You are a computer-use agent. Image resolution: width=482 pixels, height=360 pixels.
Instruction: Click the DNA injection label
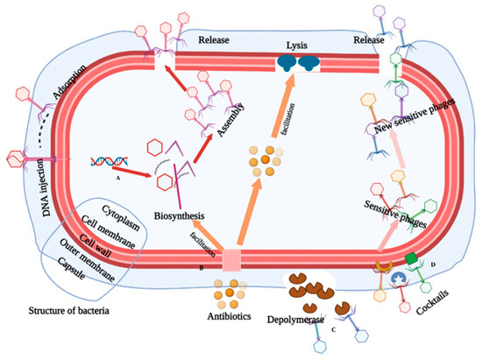24,183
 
